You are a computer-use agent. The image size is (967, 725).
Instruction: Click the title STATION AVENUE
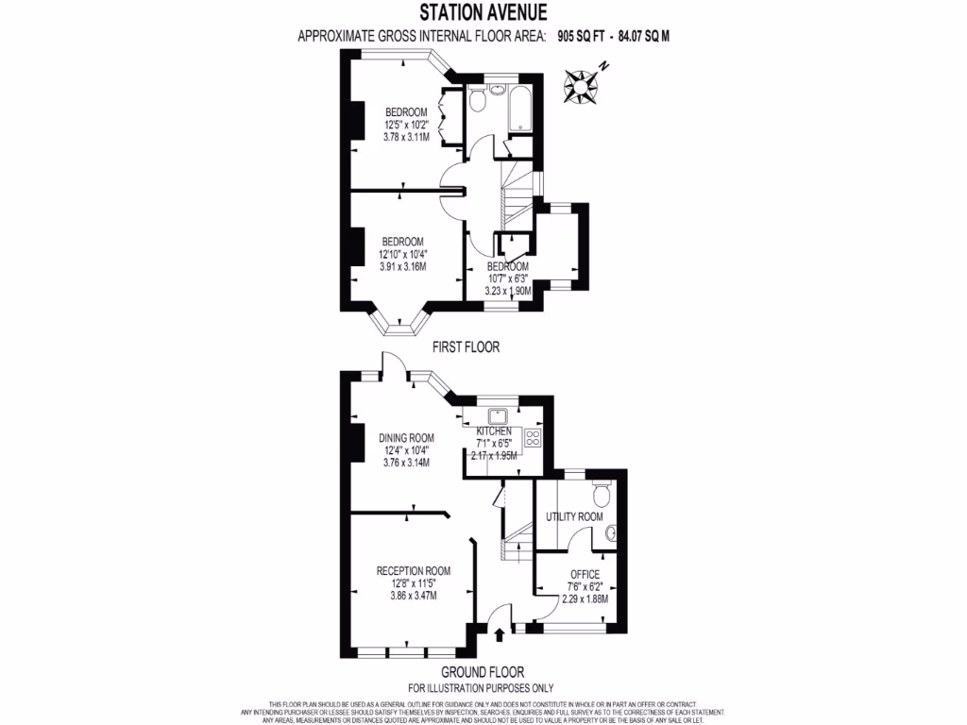click(x=483, y=13)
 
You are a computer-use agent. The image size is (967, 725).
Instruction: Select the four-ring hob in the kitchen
click(x=532, y=437)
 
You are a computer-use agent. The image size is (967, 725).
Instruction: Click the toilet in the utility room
click(x=599, y=494)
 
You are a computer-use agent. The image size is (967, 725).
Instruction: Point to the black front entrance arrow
click(x=499, y=635)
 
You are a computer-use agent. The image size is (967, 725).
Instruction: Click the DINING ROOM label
click(x=406, y=438)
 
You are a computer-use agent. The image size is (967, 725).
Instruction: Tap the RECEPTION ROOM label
click(x=413, y=571)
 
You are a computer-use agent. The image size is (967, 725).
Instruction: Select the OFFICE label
click(x=585, y=574)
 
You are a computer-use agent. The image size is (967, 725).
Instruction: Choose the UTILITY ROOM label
click(x=574, y=516)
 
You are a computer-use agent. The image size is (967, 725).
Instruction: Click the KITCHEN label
click(x=493, y=430)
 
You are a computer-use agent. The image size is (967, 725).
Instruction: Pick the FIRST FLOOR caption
click(x=466, y=347)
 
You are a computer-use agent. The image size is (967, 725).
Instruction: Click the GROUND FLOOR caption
click(x=481, y=672)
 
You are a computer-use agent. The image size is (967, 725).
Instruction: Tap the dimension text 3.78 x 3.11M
click(x=406, y=137)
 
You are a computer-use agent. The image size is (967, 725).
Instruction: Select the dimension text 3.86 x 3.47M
click(x=413, y=596)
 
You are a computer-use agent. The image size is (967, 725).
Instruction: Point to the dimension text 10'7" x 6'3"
click(x=509, y=278)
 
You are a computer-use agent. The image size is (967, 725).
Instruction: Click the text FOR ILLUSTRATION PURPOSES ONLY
click(x=481, y=688)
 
